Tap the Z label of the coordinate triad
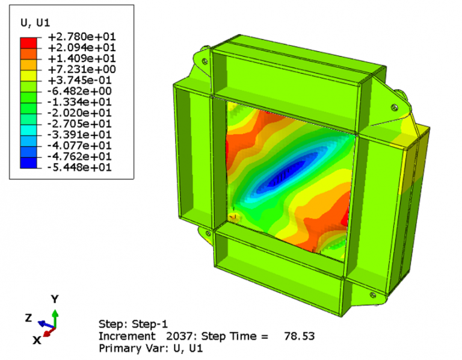tap(28, 317)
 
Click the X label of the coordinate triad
tap(37, 340)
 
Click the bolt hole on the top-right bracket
tap(395, 107)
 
